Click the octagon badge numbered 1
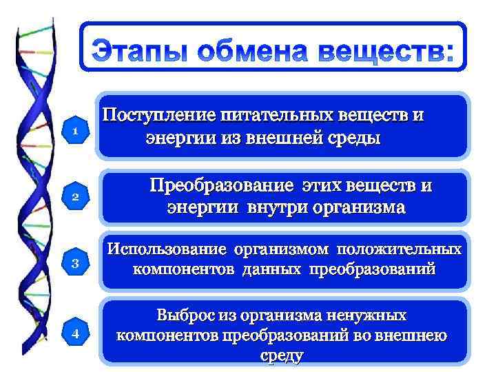pyautogui.click(x=76, y=130)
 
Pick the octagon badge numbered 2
pyautogui.click(x=76, y=198)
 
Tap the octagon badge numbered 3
pyautogui.click(x=76, y=263)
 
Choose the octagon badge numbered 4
pyautogui.click(x=76, y=333)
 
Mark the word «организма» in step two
pyautogui.click(x=355, y=207)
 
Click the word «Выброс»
pyautogui.click(x=185, y=316)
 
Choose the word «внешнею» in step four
pyautogui.click(x=413, y=335)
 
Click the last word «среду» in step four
pyautogui.click(x=282, y=355)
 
